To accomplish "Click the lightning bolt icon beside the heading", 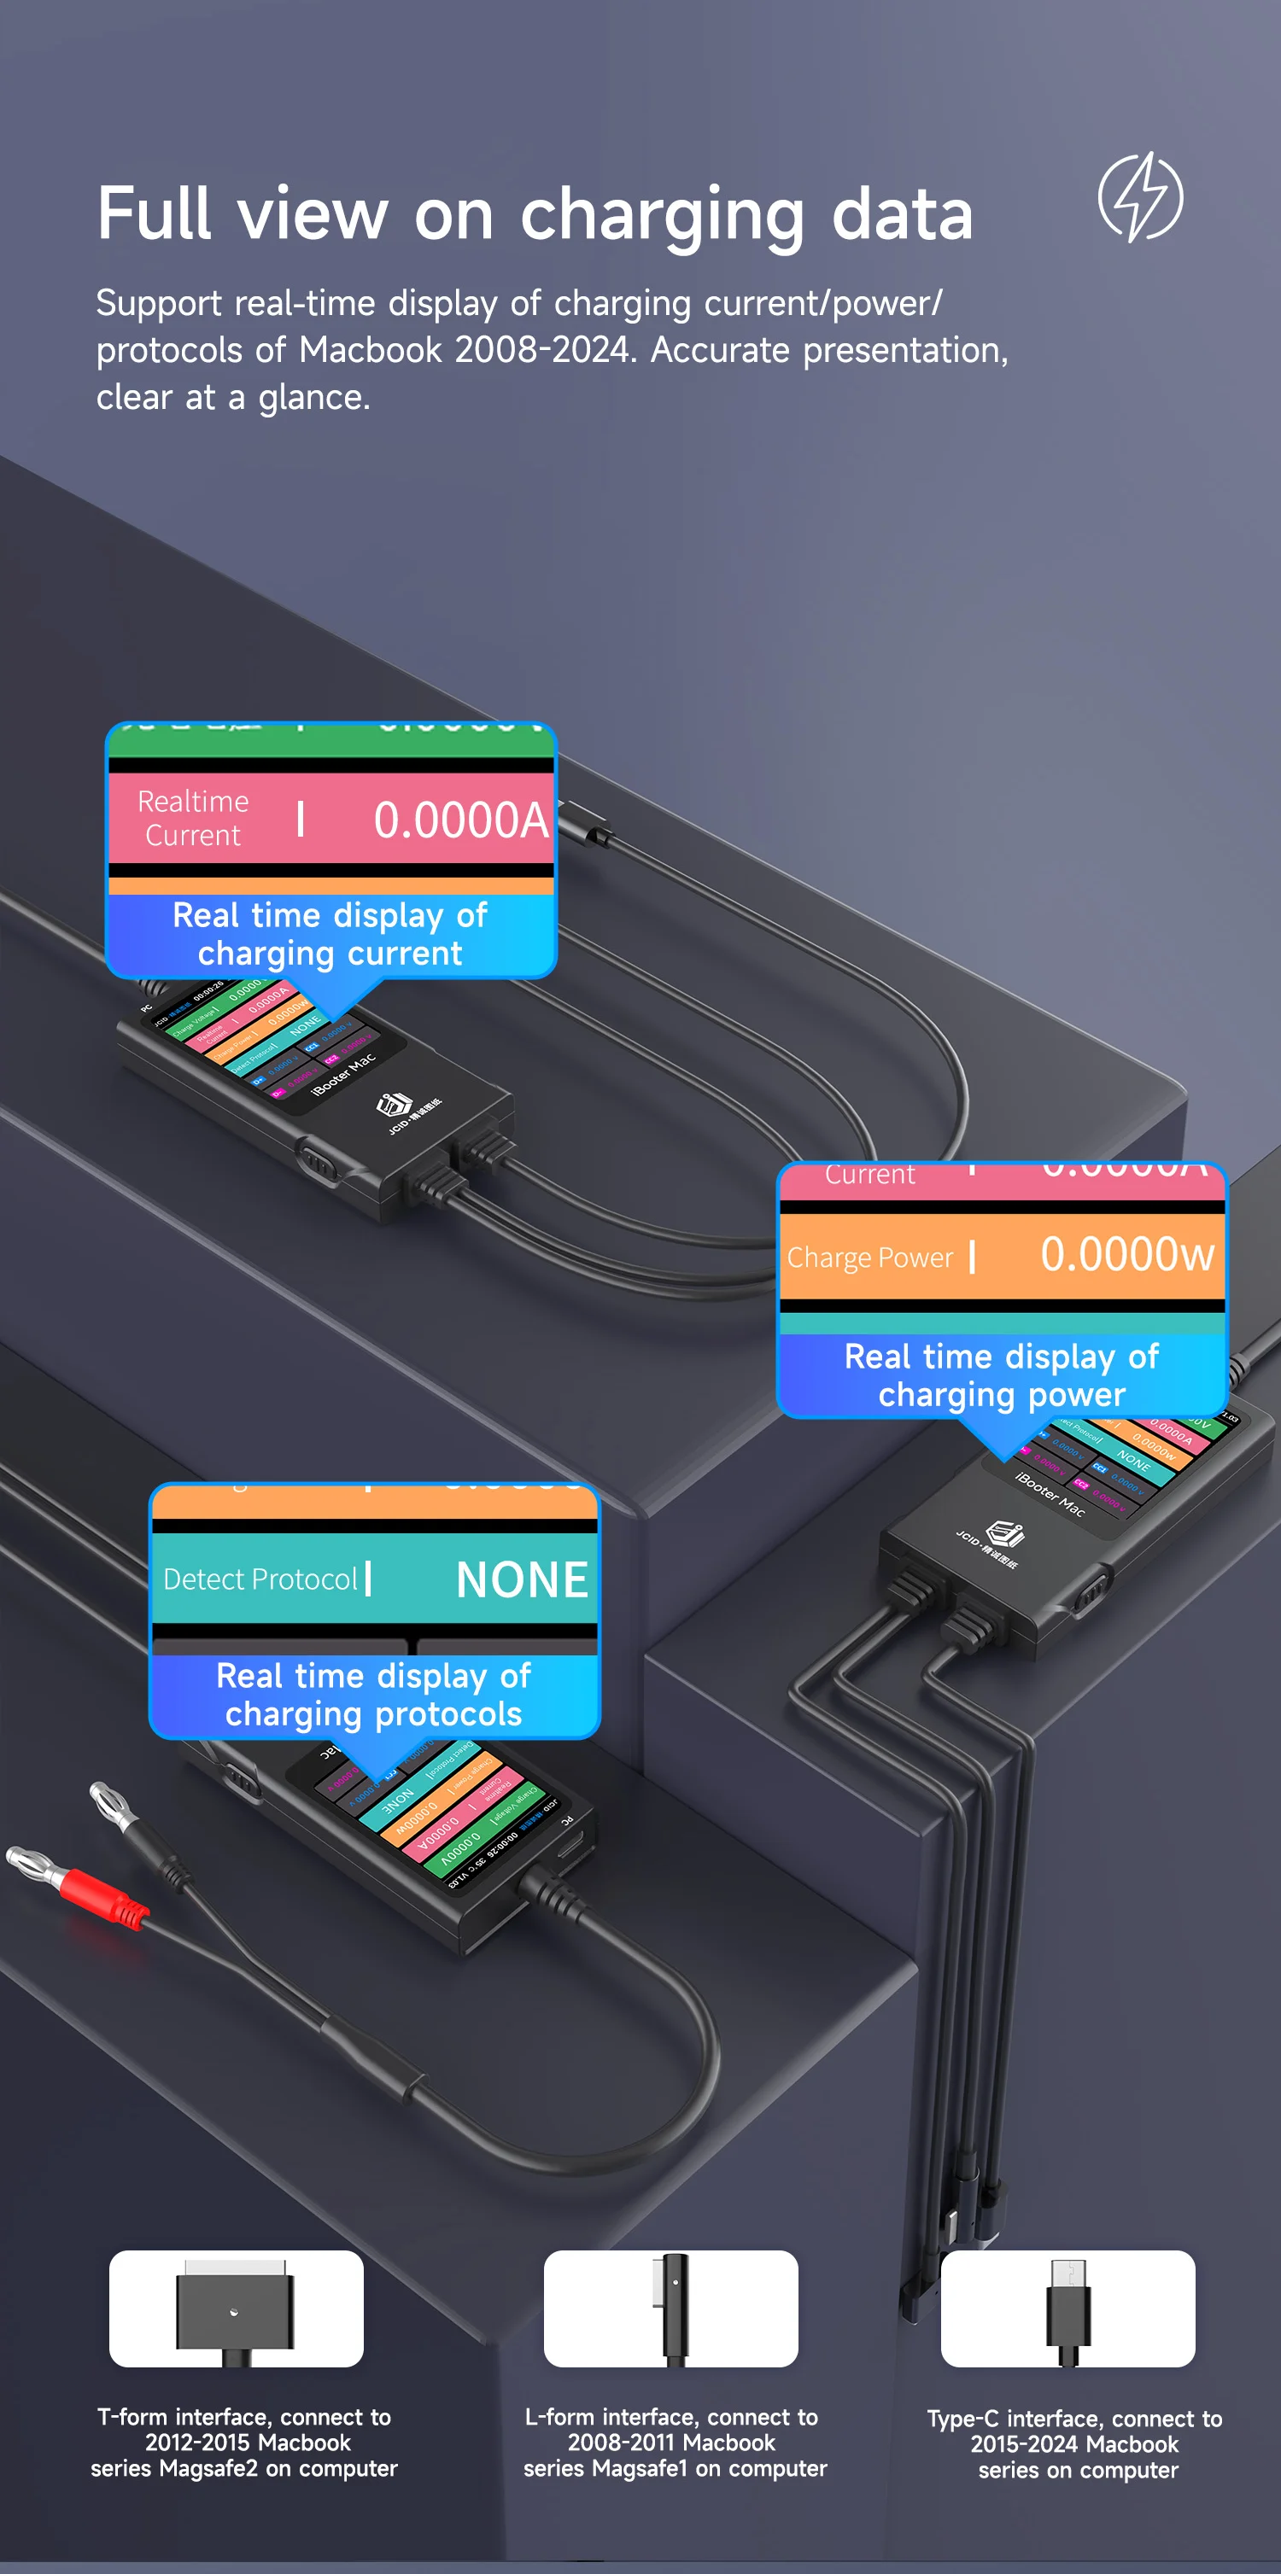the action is [1140, 197].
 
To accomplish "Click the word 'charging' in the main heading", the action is [662, 215].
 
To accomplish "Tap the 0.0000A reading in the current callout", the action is [460, 820].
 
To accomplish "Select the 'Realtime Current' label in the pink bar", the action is [193, 819].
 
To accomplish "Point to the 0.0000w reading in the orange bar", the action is [1126, 1254].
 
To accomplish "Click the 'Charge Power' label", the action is [869, 1257].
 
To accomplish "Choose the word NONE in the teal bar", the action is [522, 1579].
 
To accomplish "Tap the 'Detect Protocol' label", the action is [260, 1579].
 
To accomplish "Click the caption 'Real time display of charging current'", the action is [330, 934].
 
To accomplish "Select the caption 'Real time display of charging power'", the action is [1001, 1375].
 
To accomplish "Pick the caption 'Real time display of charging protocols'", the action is [374, 1695].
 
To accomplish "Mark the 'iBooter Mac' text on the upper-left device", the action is [343, 1074].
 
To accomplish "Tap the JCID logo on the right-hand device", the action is [1004, 1534].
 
